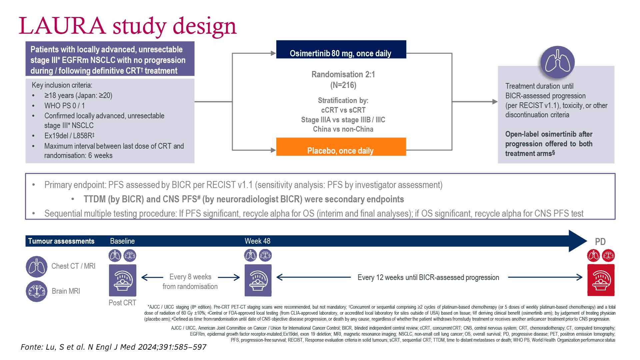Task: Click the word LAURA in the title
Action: point(62,26)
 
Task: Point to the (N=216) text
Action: point(343,85)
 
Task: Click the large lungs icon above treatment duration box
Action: point(557,62)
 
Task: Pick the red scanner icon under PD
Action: point(601,280)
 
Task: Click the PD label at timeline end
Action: point(600,242)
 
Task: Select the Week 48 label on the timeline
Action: point(257,241)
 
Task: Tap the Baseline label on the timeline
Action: point(122,241)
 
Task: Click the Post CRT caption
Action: point(122,303)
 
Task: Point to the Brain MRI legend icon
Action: point(36,291)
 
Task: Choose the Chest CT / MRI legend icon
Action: point(36,266)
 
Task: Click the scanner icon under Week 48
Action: point(258,280)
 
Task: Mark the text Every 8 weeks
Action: point(190,277)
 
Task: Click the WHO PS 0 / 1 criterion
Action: point(64,106)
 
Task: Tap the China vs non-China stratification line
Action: point(343,129)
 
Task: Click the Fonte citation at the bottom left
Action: point(113,347)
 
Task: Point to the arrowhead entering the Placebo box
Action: point(273,150)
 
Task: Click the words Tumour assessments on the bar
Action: point(61,241)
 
